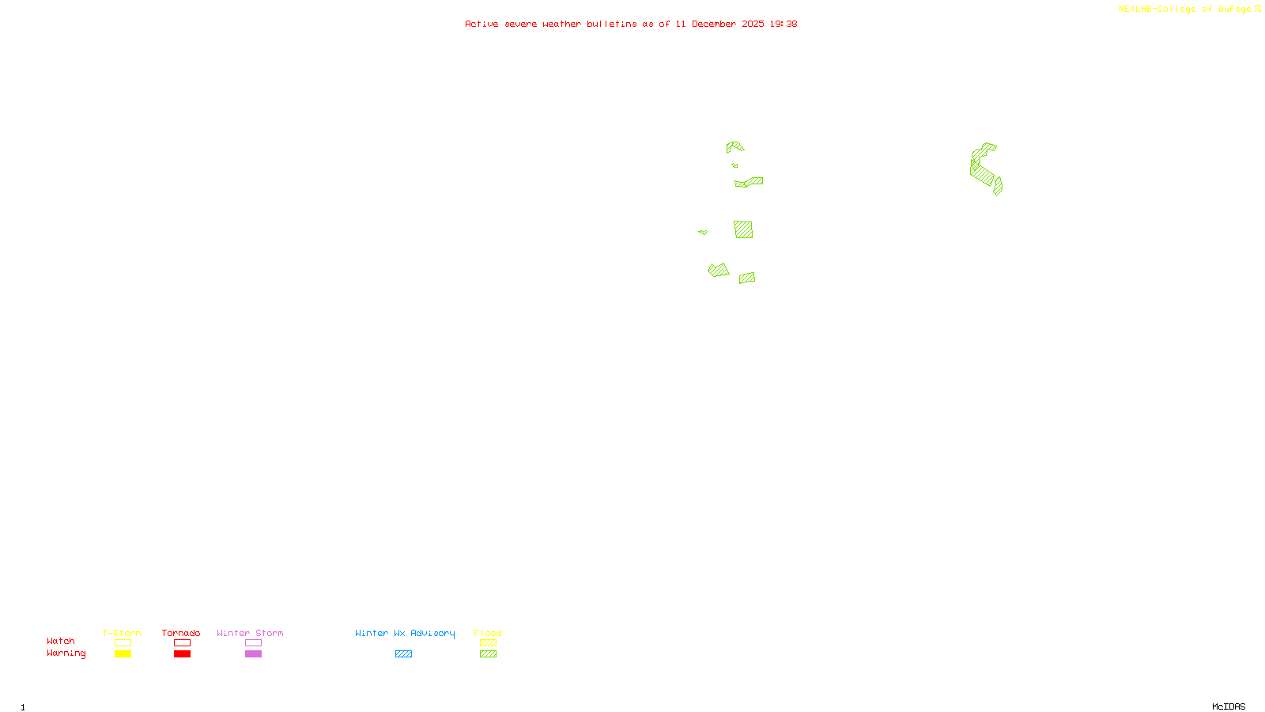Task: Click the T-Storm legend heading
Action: (x=122, y=633)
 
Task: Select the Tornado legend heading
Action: (x=181, y=633)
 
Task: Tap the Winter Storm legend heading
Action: (x=250, y=633)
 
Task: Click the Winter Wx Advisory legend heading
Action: (x=405, y=633)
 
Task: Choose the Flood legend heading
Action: (x=488, y=633)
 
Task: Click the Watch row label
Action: (x=61, y=641)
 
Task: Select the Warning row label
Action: (x=66, y=653)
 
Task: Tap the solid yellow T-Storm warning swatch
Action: (x=123, y=654)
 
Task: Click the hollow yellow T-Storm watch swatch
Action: (x=123, y=643)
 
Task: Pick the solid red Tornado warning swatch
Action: (x=182, y=654)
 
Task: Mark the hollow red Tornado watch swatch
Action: (x=182, y=643)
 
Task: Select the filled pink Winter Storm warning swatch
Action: (x=253, y=654)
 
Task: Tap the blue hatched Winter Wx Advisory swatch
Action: (x=403, y=654)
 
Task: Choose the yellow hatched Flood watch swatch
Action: (x=488, y=643)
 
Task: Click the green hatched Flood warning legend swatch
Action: (x=488, y=654)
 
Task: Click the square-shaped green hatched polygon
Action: (x=743, y=229)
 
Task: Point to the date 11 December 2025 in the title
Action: (x=719, y=24)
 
